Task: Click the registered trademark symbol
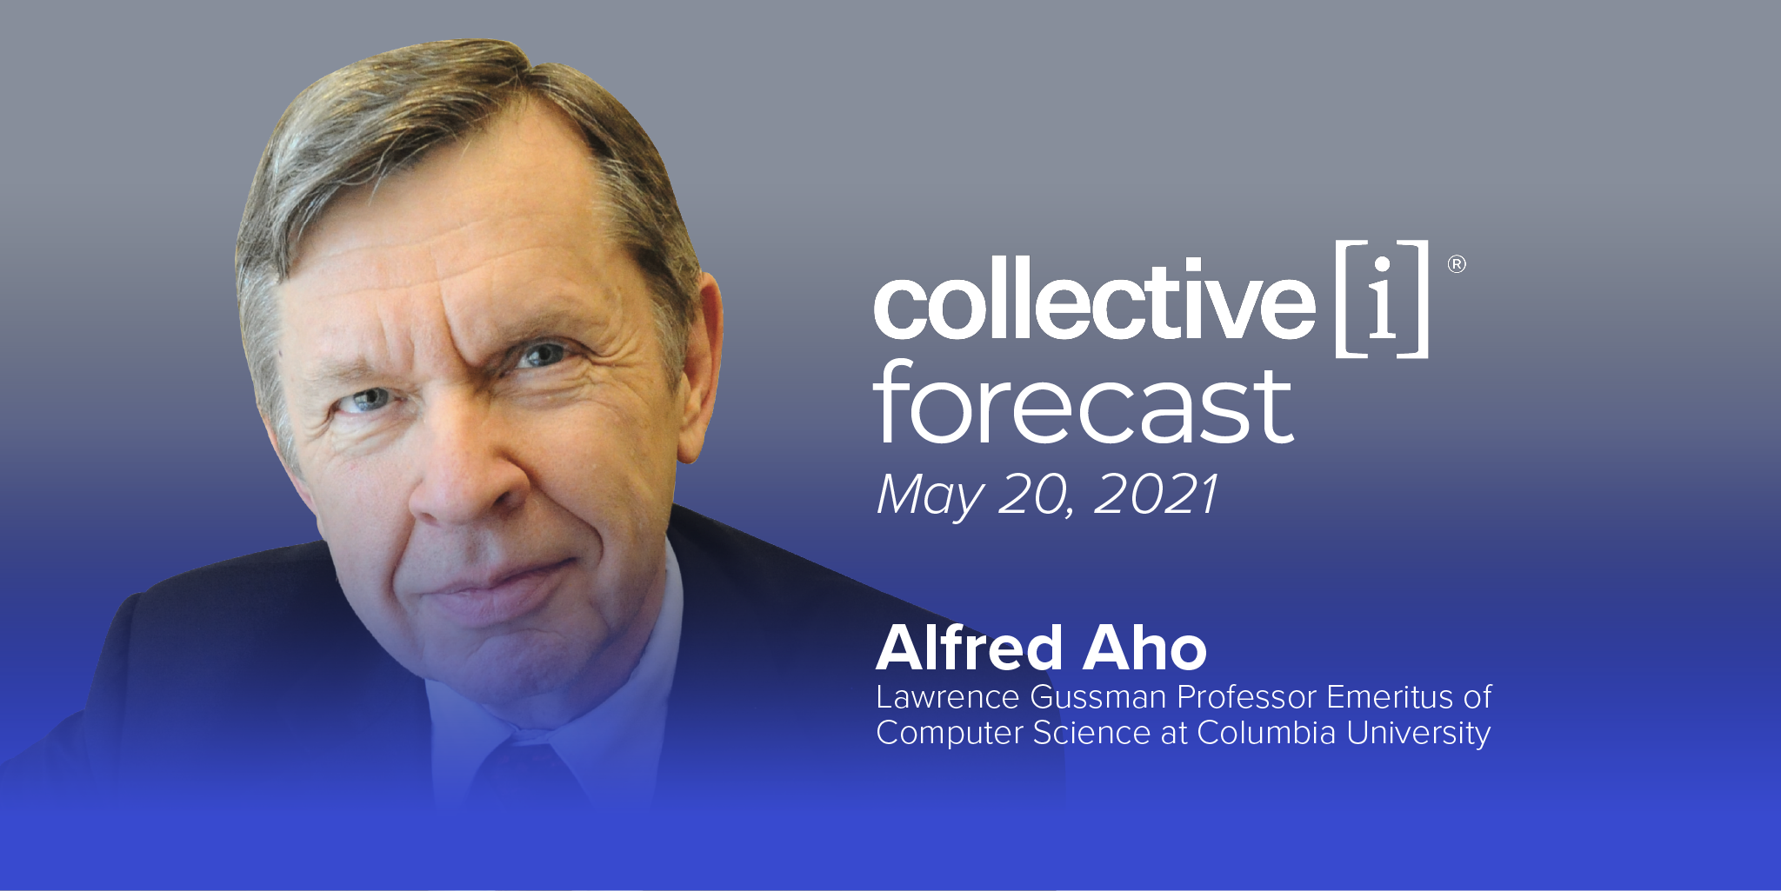[x=1457, y=263]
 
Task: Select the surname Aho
[x=1144, y=648]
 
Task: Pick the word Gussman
[x=1098, y=697]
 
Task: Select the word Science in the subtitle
[x=1092, y=733]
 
